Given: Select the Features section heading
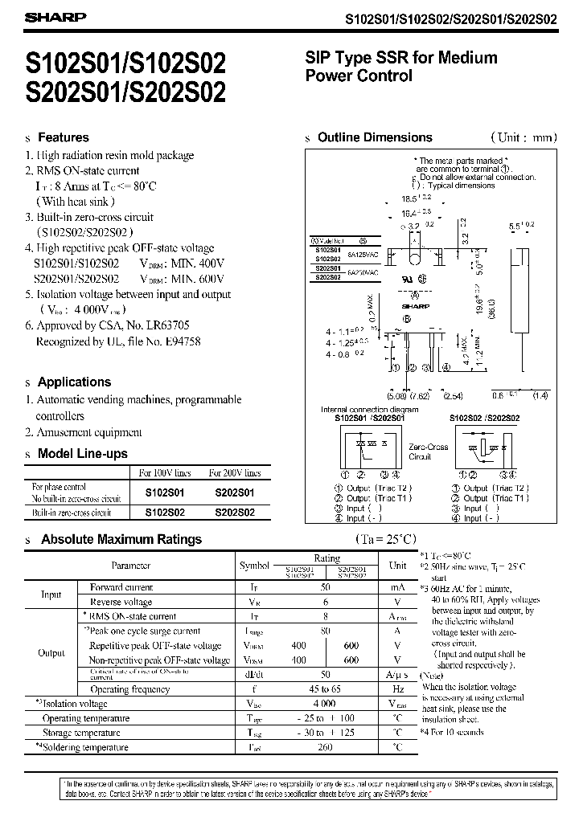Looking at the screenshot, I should [x=64, y=137].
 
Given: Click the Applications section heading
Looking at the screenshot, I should [x=74, y=382].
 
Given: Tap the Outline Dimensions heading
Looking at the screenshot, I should [x=375, y=137].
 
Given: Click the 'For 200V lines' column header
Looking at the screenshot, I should [x=235, y=473].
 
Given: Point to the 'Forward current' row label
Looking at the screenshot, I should [x=121, y=587].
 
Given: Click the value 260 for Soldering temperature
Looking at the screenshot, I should [x=326, y=747].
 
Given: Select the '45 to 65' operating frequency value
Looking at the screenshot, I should [x=326, y=688].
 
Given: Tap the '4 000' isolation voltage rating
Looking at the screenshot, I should [x=326, y=704].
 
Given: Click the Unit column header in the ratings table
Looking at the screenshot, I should [x=398, y=566].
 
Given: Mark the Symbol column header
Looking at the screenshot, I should [x=255, y=566].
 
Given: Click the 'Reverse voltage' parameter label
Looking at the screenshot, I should [x=121, y=602].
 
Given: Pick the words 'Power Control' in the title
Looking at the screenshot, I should [x=359, y=76].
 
